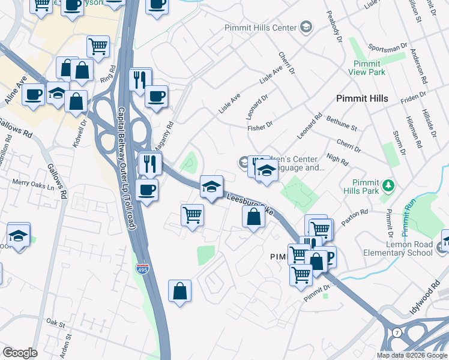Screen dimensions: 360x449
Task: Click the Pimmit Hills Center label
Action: pos(261,28)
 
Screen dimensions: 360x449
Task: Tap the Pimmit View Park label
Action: pos(367,68)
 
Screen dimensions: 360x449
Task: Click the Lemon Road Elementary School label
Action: pos(398,248)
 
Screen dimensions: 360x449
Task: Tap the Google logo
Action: pos(20,353)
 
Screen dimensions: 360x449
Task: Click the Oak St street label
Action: pos(55,323)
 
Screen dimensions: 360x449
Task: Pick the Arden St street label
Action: pos(68,345)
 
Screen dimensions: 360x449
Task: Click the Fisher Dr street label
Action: pos(260,125)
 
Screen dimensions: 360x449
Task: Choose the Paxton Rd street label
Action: pos(355,213)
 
